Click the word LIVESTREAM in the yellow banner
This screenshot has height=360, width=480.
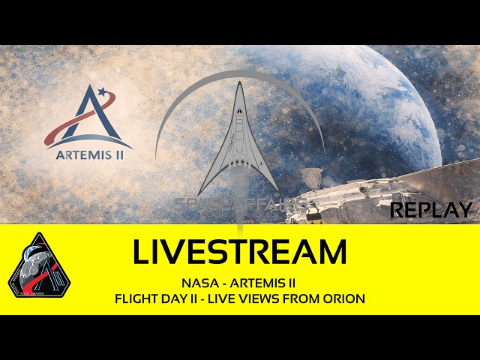(x=239, y=253)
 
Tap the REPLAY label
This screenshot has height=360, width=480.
(x=431, y=209)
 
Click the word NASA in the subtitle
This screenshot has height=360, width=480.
(x=197, y=283)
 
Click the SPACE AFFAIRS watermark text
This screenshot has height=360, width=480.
(x=240, y=203)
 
